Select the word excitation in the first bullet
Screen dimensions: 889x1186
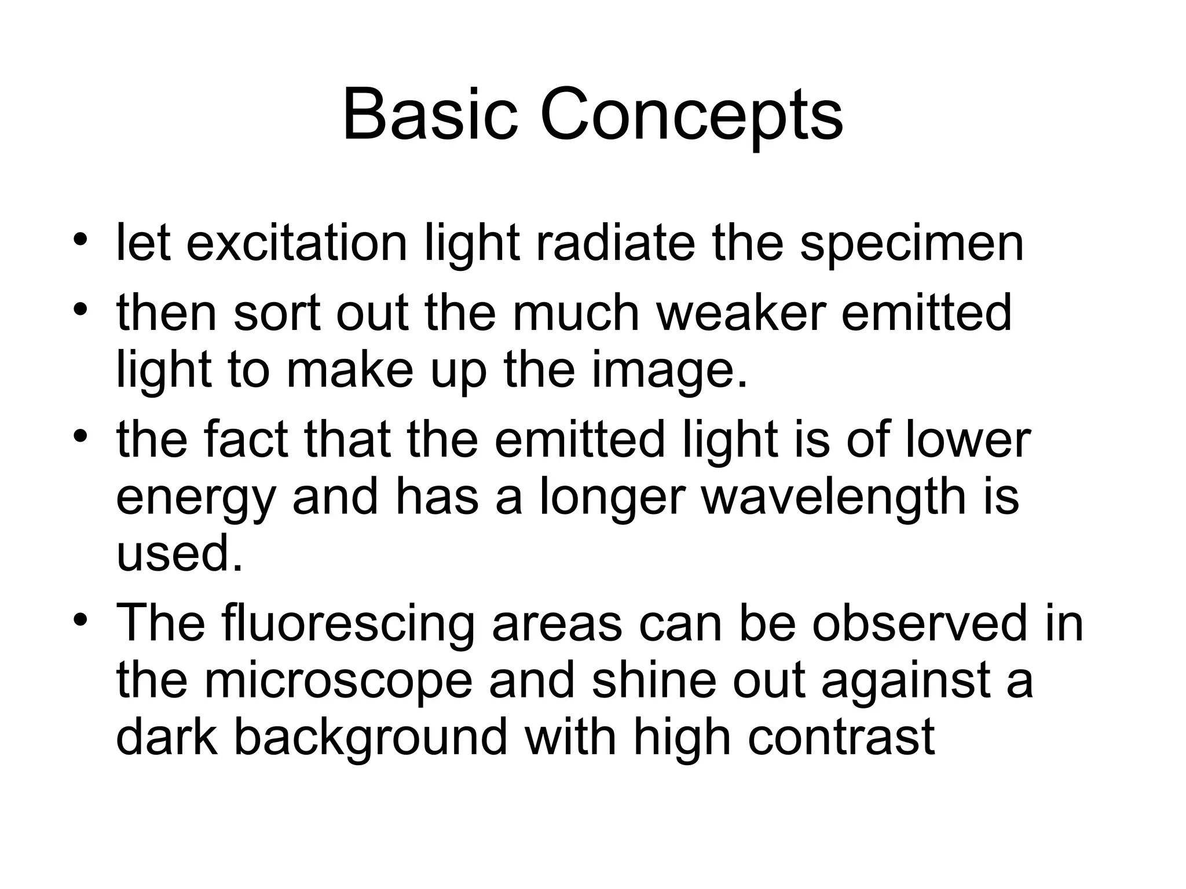pyautogui.click(x=297, y=244)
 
